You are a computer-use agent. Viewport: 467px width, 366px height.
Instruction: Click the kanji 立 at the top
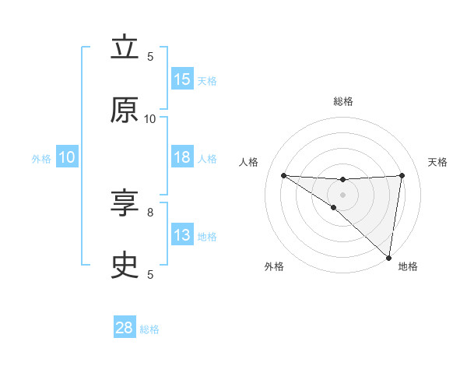[x=125, y=48]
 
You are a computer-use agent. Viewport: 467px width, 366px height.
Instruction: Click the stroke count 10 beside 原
[x=150, y=119]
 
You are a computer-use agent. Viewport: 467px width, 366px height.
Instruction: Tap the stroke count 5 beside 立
[x=150, y=57]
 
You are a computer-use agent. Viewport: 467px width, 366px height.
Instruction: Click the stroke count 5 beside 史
[x=150, y=274]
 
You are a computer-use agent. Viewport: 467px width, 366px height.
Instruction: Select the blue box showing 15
[x=182, y=79]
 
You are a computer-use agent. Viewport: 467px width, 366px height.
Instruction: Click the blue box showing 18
[x=182, y=157]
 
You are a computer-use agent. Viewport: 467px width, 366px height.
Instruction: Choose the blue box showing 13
[x=182, y=235]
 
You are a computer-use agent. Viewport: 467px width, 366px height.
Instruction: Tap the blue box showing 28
[x=125, y=328]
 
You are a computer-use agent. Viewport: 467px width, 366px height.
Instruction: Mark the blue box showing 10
[x=66, y=157]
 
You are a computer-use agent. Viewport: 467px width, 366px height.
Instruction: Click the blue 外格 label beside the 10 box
[x=41, y=158]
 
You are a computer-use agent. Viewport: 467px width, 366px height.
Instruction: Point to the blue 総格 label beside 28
[x=150, y=329]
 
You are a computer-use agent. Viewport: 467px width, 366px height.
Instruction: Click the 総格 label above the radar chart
[x=342, y=101]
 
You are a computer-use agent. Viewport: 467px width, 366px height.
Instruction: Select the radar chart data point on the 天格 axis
[x=402, y=175]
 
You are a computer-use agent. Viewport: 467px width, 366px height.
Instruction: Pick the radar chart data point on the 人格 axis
[x=283, y=175]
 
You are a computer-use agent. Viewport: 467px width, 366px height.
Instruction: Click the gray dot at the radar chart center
[x=342, y=194]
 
